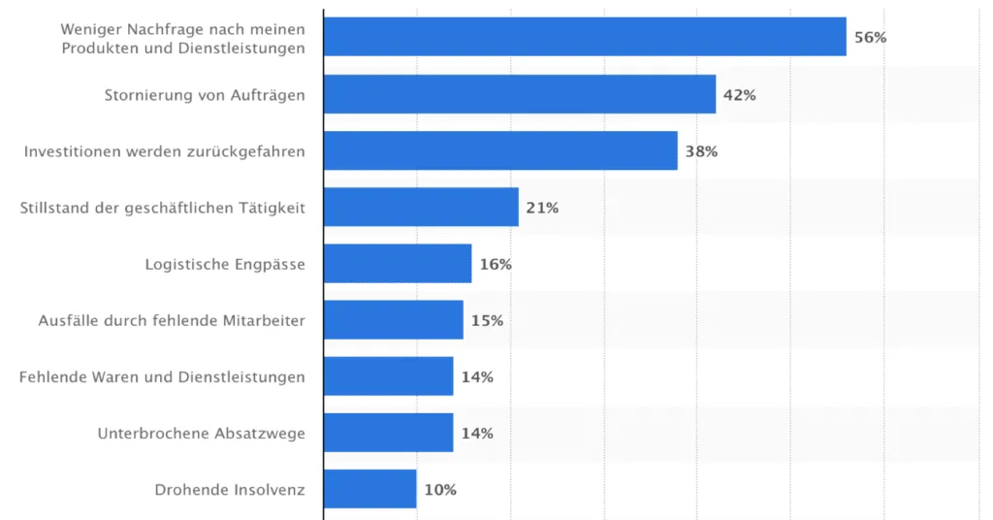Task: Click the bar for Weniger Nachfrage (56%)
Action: pyautogui.click(x=584, y=37)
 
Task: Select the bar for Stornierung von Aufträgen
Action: pyautogui.click(x=519, y=94)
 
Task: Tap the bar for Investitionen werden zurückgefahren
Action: pyautogui.click(x=499, y=150)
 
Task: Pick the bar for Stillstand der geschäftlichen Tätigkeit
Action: pyautogui.click(x=421, y=207)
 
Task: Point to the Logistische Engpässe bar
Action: pyautogui.click(x=398, y=263)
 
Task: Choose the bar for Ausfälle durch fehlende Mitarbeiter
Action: pyautogui.click(x=393, y=319)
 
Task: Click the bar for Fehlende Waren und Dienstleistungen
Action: pyautogui.click(x=388, y=375)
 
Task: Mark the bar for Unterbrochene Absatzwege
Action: pyautogui.click(x=388, y=433)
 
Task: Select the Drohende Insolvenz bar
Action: pyautogui.click(x=369, y=489)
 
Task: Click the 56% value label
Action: pyautogui.click(x=870, y=38)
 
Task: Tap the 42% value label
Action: pyautogui.click(x=739, y=95)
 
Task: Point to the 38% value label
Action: pyautogui.click(x=701, y=151)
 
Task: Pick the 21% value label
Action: pyautogui.click(x=542, y=208)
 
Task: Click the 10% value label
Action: pyautogui.click(x=439, y=490)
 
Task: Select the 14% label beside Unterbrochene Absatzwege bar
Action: pyautogui.click(x=477, y=434)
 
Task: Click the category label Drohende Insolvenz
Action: pyautogui.click(x=230, y=490)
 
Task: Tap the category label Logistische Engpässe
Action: pyautogui.click(x=225, y=264)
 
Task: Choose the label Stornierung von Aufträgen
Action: pyautogui.click(x=205, y=95)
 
